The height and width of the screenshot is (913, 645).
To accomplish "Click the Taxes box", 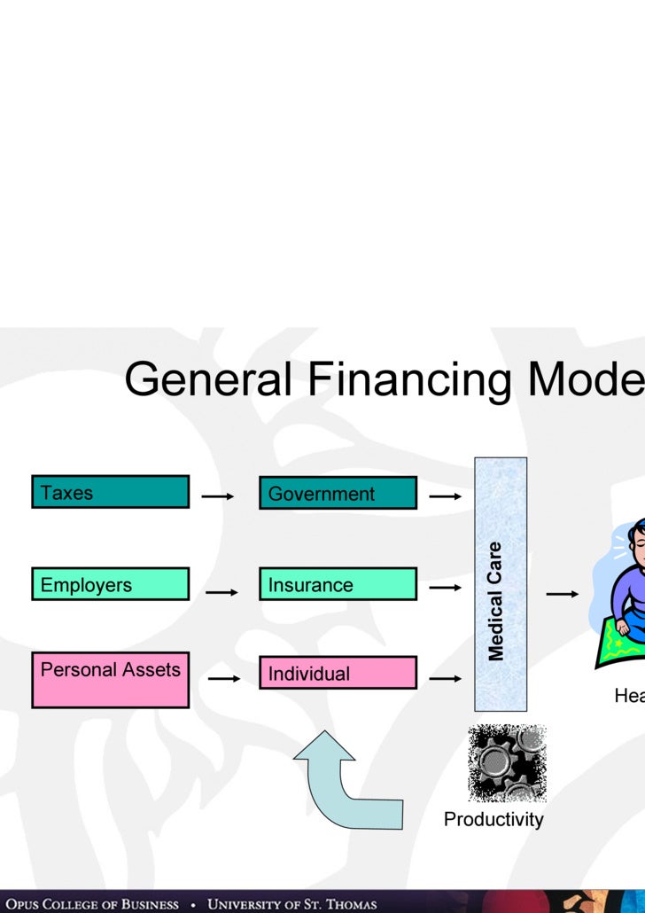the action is (x=110, y=492).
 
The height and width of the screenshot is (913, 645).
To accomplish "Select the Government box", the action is (x=338, y=493).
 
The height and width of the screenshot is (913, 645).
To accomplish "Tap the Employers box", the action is (x=110, y=584).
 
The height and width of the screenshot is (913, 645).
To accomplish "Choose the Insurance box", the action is (x=338, y=584).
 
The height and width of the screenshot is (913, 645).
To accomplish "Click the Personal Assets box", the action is (x=110, y=680).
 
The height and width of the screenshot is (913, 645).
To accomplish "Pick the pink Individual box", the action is (x=338, y=673).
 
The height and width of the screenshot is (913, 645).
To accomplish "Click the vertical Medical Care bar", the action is (x=501, y=584).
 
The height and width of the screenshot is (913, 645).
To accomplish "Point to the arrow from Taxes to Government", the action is (x=218, y=496).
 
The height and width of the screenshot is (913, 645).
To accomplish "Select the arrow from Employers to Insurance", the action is (x=221, y=591).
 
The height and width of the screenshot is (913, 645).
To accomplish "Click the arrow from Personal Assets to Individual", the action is (x=224, y=679).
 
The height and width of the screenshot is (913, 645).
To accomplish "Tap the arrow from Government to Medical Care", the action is (x=446, y=496).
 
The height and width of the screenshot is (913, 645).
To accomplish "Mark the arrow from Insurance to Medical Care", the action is (x=446, y=587).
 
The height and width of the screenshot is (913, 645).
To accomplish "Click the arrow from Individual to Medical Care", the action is (x=446, y=679).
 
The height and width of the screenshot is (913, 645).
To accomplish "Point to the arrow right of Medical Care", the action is (x=563, y=594).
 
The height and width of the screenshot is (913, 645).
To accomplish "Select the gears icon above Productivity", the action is (x=507, y=763).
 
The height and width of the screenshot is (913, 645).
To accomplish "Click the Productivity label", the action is (x=493, y=819).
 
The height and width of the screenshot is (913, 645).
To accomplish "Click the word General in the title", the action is (x=208, y=380).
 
